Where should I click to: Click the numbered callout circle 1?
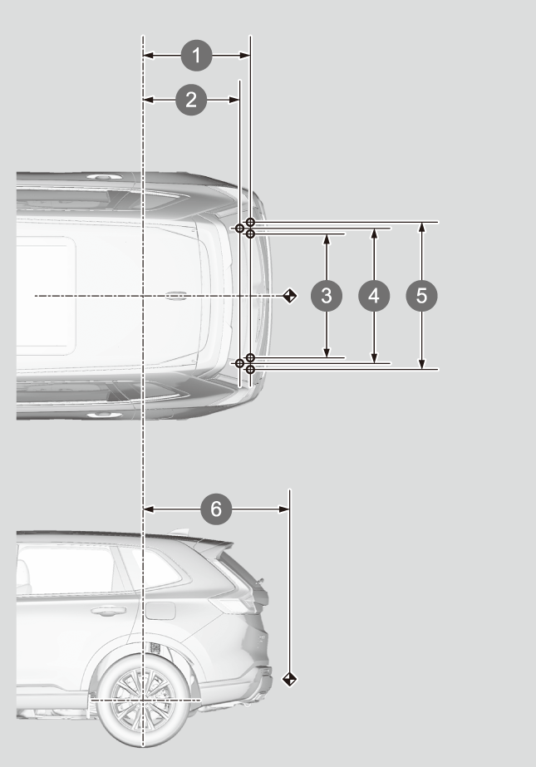click(x=197, y=56)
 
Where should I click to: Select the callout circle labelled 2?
click(x=191, y=100)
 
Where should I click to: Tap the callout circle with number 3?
click(x=327, y=296)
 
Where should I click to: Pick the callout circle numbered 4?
click(x=374, y=296)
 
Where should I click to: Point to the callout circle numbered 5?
click(x=421, y=296)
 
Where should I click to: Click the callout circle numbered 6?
click(x=216, y=509)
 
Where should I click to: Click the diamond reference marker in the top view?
click(x=289, y=296)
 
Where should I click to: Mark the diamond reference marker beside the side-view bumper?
click(x=289, y=679)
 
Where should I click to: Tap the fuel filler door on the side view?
click(x=160, y=611)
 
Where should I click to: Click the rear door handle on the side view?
click(x=108, y=611)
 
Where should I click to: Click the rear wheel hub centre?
click(x=143, y=700)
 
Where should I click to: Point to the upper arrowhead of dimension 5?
click(x=421, y=227)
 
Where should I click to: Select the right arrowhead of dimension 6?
click(x=284, y=509)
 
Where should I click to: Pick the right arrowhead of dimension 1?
click(x=245, y=56)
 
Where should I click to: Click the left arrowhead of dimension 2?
click(x=148, y=100)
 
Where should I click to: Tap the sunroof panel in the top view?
click(x=46, y=296)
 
